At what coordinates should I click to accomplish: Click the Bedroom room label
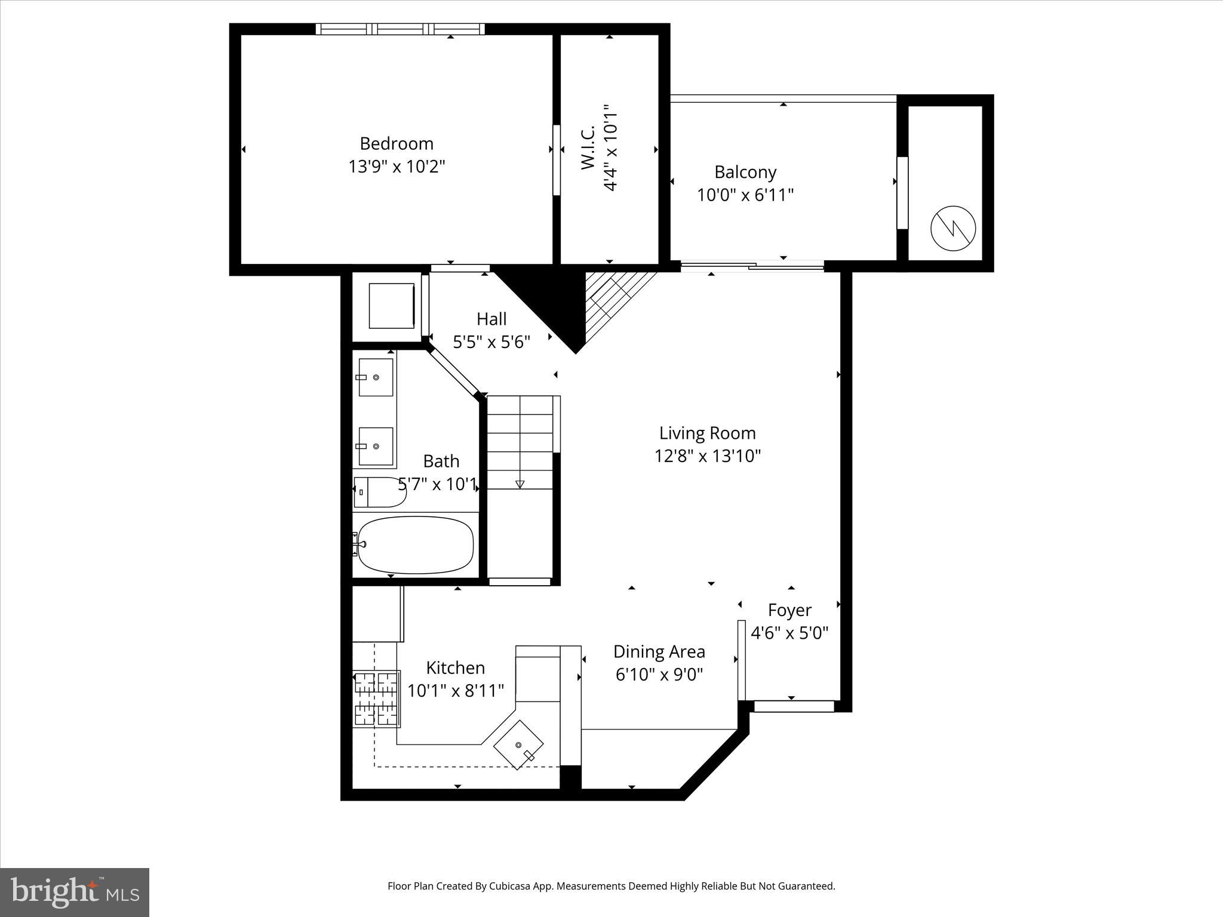(x=397, y=144)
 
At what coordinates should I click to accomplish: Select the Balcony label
(x=745, y=173)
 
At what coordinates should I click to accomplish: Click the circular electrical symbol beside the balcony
(x=953, y=227)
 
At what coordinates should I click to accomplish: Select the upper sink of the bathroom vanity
(x=376, y=377)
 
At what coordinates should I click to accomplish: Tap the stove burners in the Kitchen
(x=376, y=697)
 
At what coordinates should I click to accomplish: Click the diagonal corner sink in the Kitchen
(x=518, y=744)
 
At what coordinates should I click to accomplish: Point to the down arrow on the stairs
(x=520, y=484)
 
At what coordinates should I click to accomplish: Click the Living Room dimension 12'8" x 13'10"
(x=708, y=456)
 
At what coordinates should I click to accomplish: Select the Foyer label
(x=789, y=610)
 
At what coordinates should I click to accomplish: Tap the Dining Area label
(x=659, y=651)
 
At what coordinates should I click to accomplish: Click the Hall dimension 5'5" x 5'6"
(x=491, y=342)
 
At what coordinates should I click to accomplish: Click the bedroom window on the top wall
(x=400, y=29)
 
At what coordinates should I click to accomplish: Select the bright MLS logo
(x=75, y=892)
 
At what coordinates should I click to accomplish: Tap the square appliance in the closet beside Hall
(x=392, y=306)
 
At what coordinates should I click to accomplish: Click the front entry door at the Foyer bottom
(x=794, y=706)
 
